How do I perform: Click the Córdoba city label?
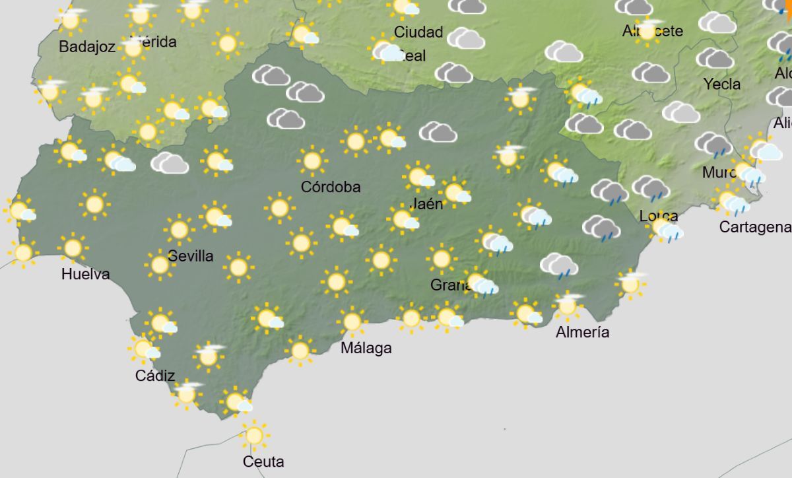pos(331,187)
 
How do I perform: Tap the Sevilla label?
pos(191,256)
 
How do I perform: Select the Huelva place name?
pos(86,274)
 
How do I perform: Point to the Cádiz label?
pos(155,376)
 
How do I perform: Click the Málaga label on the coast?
pos(366,348)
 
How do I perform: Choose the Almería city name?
pos(582,332)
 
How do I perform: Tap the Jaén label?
pos(426,204)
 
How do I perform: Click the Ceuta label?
pos(263,461)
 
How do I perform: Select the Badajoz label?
pos(87,47)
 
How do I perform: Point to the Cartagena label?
pos(755,227)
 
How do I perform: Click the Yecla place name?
pos(722,85)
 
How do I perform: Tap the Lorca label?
pos(658,216)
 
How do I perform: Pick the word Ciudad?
pos(418,32)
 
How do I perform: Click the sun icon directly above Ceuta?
pos(254,435)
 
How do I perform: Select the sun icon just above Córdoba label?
pos(312,160)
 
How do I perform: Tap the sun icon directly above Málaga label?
pos(352,322)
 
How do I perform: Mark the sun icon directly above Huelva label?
pos(73,248)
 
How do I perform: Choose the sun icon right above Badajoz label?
pos(71,20)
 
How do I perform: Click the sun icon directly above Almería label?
pos(567,306)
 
